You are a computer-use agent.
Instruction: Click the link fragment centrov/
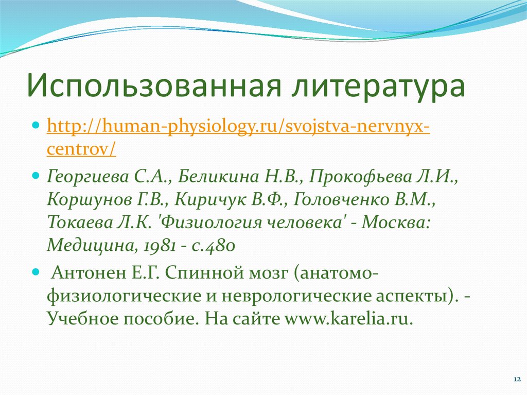point(81,149)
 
